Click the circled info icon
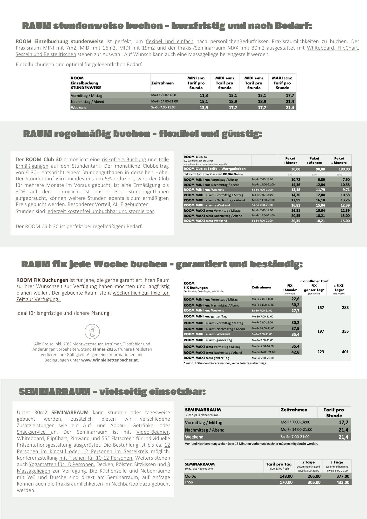click(x=92, y=331)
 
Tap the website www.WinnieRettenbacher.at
click(x=110, y=360)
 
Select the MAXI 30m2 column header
click(x=282, y=83)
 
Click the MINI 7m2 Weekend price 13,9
click(x=204, y=108)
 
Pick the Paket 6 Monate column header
click(x=339, y=160)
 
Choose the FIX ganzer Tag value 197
click(x=321, y=331)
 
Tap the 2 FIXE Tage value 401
click(x=345, y=352)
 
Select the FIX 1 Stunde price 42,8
click(x=295, y=352)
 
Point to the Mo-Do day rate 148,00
click(x=286, y=476)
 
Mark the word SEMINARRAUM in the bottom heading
click(x=55, y=392)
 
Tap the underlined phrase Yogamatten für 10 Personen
click(x=61, y=464)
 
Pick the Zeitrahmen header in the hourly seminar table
click(x=294, y=410)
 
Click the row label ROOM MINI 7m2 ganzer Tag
click(x=205, y=317)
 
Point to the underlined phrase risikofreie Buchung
click(x=124, y=159)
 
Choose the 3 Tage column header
click(x=337, y=462)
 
